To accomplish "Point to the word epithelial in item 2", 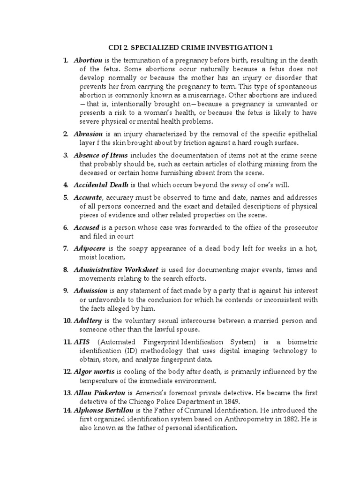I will coord(300,134).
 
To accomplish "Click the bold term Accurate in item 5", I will coord(88,198).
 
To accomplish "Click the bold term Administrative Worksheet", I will coord(116,270).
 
